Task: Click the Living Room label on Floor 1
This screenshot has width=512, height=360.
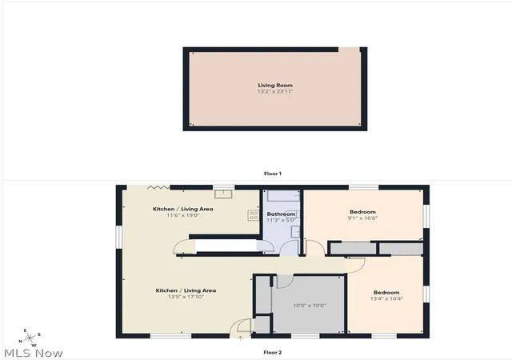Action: pos(275,86)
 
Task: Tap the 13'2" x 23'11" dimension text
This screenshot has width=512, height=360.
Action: pos(275,91)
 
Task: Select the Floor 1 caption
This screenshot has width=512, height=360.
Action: pos(273,174)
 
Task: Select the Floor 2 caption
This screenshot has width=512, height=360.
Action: pos(273,352)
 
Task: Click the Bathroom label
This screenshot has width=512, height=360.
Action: pos(281,214)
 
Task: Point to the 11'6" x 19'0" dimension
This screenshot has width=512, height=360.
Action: pos(183,215)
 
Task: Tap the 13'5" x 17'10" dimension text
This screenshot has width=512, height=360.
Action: pos(186,297)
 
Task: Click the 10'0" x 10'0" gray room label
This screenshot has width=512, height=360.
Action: pos(310,306)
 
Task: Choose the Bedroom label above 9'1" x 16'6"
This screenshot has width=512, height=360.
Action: pos(362,212)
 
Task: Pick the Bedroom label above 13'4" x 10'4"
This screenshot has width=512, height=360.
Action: pos(386,292)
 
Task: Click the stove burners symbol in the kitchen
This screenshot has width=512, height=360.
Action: pos(254,215)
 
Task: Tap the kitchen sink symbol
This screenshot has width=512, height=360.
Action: pos(223,194)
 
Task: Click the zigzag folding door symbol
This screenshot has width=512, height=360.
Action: pos(158,187)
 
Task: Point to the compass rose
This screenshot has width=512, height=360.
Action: pos(30,338)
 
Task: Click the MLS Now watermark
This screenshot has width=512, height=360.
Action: pos(34,353)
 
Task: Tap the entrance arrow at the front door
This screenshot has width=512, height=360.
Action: pos(240,338)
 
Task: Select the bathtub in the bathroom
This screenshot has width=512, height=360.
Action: pos(283,195)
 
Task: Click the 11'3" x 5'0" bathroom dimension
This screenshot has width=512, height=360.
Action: pos(281,220)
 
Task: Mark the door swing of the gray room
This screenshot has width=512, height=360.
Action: pos(285,282)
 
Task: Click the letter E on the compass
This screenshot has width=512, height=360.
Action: pos(25,330)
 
